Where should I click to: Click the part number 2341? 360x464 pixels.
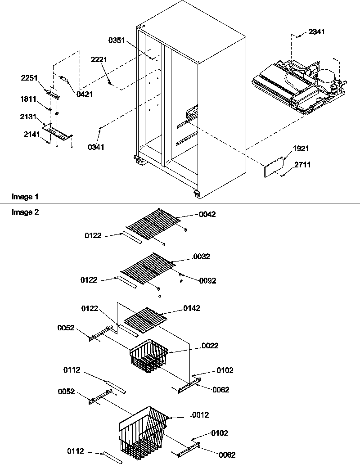click(316, 32)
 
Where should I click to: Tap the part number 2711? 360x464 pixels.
click(302, 165)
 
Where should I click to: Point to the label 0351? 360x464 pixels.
click(117, 40)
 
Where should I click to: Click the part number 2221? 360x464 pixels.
click(99, 59)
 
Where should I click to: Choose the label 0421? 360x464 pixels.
click(84, 94)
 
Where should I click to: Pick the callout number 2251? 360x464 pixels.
click(29, 78)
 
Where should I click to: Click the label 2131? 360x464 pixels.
click(28, 117)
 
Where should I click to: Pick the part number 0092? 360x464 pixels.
click(207, 280)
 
